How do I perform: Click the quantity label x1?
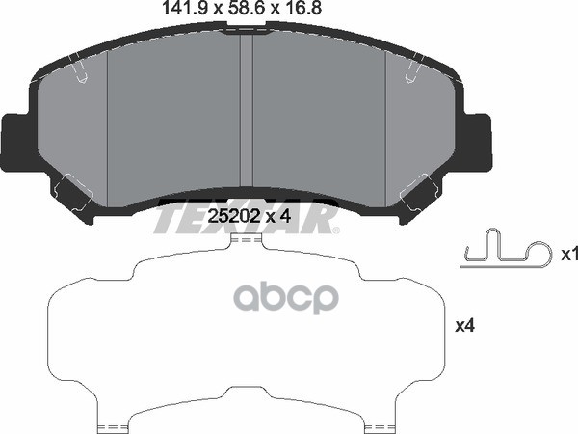[x=568, y=255]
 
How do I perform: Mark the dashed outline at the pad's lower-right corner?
[x=420, y=193]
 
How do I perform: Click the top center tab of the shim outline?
[x=248, y=241]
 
